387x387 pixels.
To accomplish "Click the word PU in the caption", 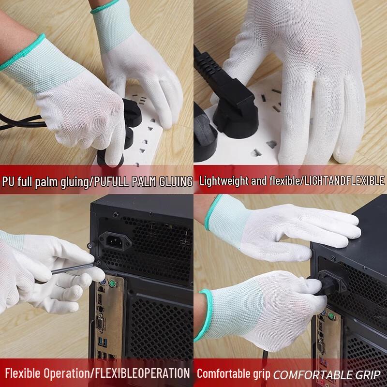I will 8,181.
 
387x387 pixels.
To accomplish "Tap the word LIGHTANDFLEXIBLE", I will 342,181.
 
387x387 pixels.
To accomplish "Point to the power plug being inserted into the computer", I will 325,283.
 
